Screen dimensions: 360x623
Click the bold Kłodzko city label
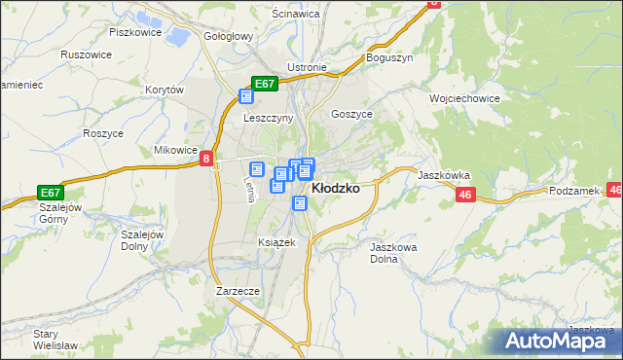334,189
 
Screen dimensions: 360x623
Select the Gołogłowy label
229,36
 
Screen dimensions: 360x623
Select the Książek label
275,241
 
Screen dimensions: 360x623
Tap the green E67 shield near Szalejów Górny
51,193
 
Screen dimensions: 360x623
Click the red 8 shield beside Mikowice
206,159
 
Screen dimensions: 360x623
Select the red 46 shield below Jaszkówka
464,196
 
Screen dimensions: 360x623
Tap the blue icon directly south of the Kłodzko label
300,203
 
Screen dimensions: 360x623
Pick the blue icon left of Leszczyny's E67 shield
246,95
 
